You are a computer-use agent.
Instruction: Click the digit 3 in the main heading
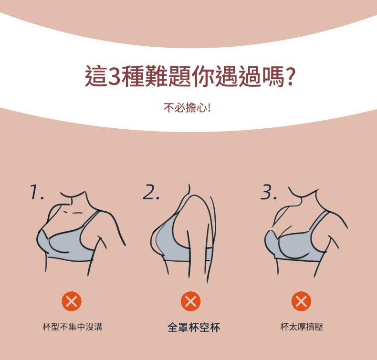click(x=115, y=76)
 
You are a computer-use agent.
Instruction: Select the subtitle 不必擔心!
click(x=187, y=108)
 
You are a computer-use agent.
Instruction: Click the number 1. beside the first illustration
click(x=37, y=192)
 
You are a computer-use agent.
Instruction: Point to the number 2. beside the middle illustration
click(x=151, y=192)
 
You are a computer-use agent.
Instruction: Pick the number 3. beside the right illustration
click(x=269, y=192)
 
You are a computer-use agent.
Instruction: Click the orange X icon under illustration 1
click(x=72, y=301)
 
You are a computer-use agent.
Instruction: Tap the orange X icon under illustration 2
click(x=191, y=301)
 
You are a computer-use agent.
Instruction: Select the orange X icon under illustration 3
click(x=301, y=301)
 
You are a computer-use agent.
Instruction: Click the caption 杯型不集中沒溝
click(x=73, y=327)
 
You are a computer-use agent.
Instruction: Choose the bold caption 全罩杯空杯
click(x=194, y=327)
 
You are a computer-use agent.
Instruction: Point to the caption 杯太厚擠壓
click(x=302, y=327)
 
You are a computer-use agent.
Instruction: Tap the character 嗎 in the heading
click(x=272, y=76)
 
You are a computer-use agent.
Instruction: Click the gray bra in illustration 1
click(x=70, y=243)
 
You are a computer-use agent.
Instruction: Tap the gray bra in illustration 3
click(x=298, y=245)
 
